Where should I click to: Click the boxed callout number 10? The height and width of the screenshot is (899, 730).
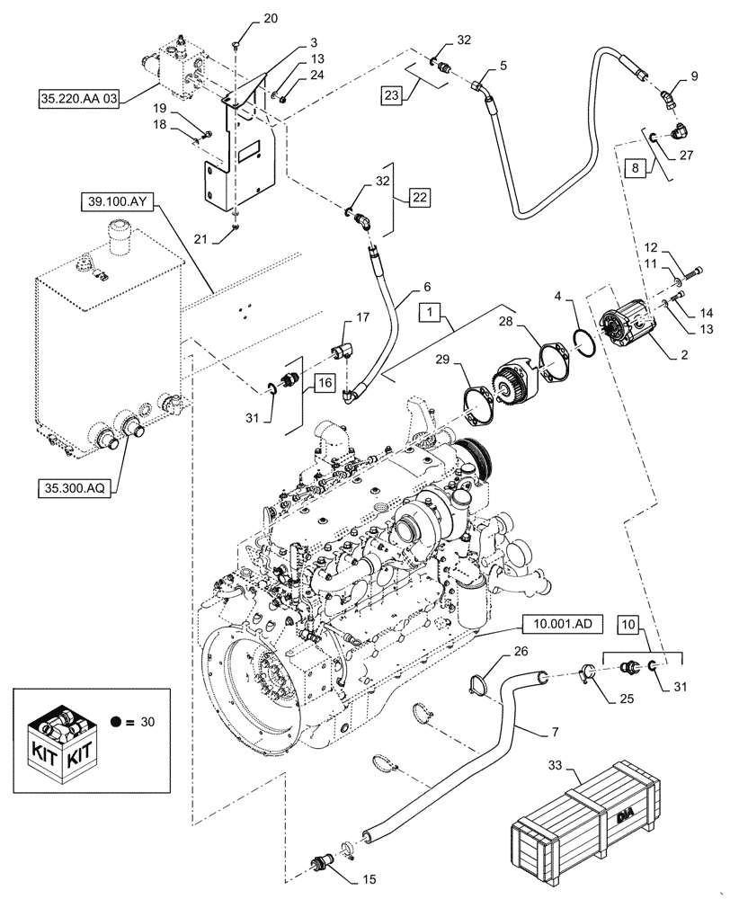point(627,621)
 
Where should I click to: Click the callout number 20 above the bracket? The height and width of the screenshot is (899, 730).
point(246,19)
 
